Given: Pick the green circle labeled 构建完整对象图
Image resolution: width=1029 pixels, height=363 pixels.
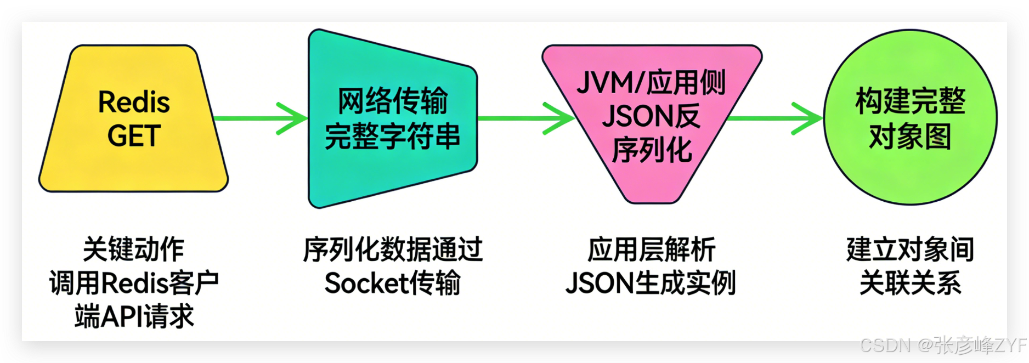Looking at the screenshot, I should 911,175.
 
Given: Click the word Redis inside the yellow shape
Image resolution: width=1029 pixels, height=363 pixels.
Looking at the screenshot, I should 134,102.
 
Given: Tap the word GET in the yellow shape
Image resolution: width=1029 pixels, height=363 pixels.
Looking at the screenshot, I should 134,136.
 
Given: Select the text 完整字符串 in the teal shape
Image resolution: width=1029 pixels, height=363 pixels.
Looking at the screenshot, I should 392,137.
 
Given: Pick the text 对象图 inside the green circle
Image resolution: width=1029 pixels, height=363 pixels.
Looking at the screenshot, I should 911,137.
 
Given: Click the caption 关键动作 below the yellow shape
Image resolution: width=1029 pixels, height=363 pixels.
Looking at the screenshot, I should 133,250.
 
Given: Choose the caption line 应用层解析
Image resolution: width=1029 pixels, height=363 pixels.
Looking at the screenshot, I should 652,250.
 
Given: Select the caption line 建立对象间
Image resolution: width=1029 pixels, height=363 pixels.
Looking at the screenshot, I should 911,250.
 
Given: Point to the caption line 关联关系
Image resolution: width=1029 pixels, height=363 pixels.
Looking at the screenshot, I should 911,283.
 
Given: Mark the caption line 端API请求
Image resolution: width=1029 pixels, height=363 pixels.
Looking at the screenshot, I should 134,317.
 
